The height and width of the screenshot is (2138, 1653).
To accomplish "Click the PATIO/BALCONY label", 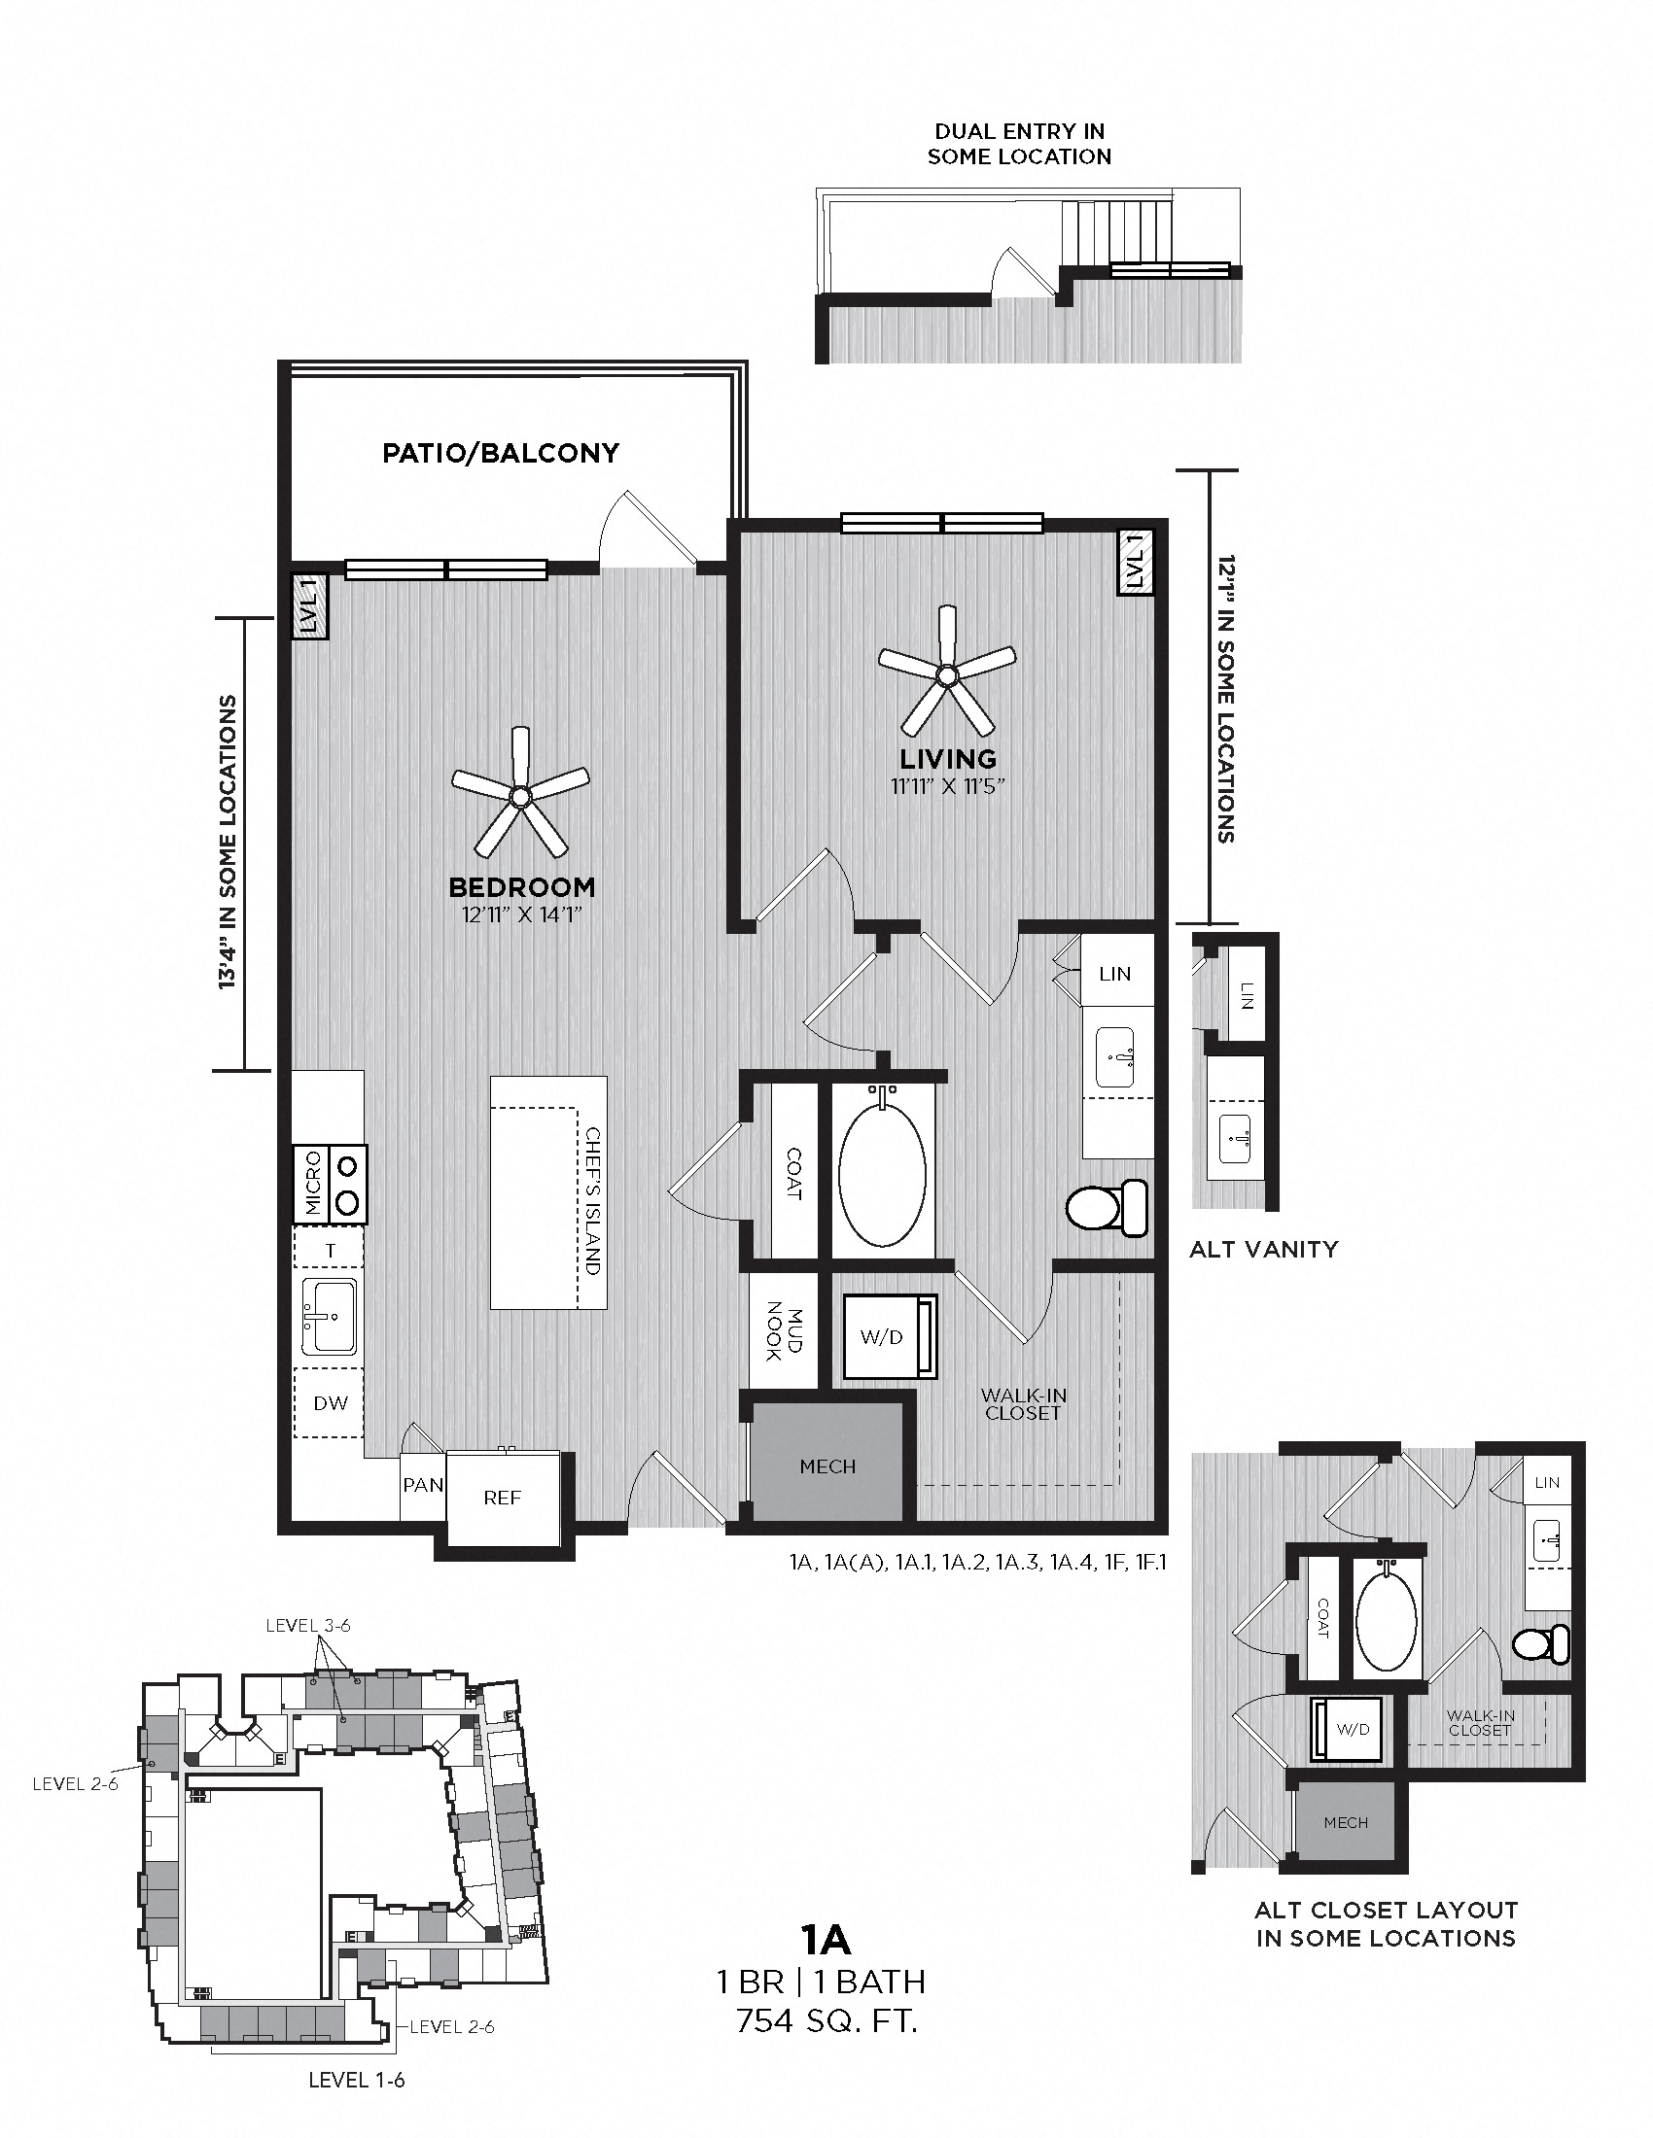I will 501,452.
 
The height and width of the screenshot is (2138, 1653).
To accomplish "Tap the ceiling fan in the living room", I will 946,674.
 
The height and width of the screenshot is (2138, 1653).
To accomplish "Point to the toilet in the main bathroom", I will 1107,1207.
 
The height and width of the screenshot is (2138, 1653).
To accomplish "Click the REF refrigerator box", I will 503,1497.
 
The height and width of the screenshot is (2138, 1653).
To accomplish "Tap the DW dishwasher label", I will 330,1402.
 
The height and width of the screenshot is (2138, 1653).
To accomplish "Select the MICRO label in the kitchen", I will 313,1184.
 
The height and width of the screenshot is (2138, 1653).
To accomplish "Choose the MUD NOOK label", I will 782,1330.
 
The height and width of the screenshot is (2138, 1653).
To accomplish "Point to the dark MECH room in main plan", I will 827,1466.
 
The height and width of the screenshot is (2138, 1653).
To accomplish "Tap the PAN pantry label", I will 423,1485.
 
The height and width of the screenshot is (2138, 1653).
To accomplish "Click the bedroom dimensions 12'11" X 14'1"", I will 522,916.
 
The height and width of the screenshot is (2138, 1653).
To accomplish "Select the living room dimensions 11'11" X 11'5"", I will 948,786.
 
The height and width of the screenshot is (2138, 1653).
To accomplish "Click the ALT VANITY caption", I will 1263,1249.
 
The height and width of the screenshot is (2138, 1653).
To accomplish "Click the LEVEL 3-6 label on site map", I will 307,1625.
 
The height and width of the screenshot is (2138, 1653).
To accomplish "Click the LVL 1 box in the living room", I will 1136,561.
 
